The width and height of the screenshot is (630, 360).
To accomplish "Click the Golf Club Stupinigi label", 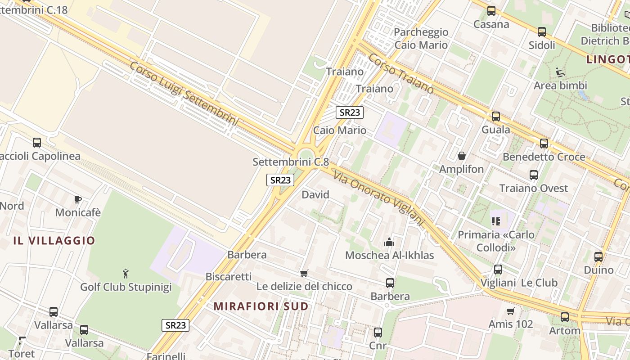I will tap(126, 287).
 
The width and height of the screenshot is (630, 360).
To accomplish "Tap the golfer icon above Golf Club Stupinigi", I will tap(126, 273).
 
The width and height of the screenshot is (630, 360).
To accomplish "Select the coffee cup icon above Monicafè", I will tap(77, 199).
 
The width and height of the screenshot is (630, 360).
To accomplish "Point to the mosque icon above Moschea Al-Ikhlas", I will tap(389, 243).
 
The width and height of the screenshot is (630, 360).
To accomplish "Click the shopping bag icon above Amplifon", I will tap(461, 156).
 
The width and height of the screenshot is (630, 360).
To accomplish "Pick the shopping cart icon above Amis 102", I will tap(510, 311).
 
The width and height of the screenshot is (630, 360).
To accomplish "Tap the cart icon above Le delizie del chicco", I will tap(304, 273).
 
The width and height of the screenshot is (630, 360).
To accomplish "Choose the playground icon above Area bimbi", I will tap(560, 72).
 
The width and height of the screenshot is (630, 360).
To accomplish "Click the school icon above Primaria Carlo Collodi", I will tap(496, 221).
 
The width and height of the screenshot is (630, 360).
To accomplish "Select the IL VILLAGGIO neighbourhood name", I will tap(54, 240).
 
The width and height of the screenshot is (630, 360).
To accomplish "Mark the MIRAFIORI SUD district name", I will tap(261, 306).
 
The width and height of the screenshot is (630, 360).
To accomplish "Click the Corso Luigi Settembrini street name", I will tap(183, 93).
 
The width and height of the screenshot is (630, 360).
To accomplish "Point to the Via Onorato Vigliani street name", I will tap(379, 198).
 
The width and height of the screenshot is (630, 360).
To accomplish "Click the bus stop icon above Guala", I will tap(496, 117).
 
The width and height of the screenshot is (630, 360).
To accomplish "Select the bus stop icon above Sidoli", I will tap(542, 32).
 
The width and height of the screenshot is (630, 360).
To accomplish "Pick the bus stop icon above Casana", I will tap(491, 11).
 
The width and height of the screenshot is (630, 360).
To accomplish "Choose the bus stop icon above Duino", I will tap(598, 257).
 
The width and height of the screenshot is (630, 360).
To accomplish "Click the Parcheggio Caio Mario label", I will tap(421, 38).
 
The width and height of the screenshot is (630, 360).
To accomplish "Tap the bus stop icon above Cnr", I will tap(378, 333).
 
